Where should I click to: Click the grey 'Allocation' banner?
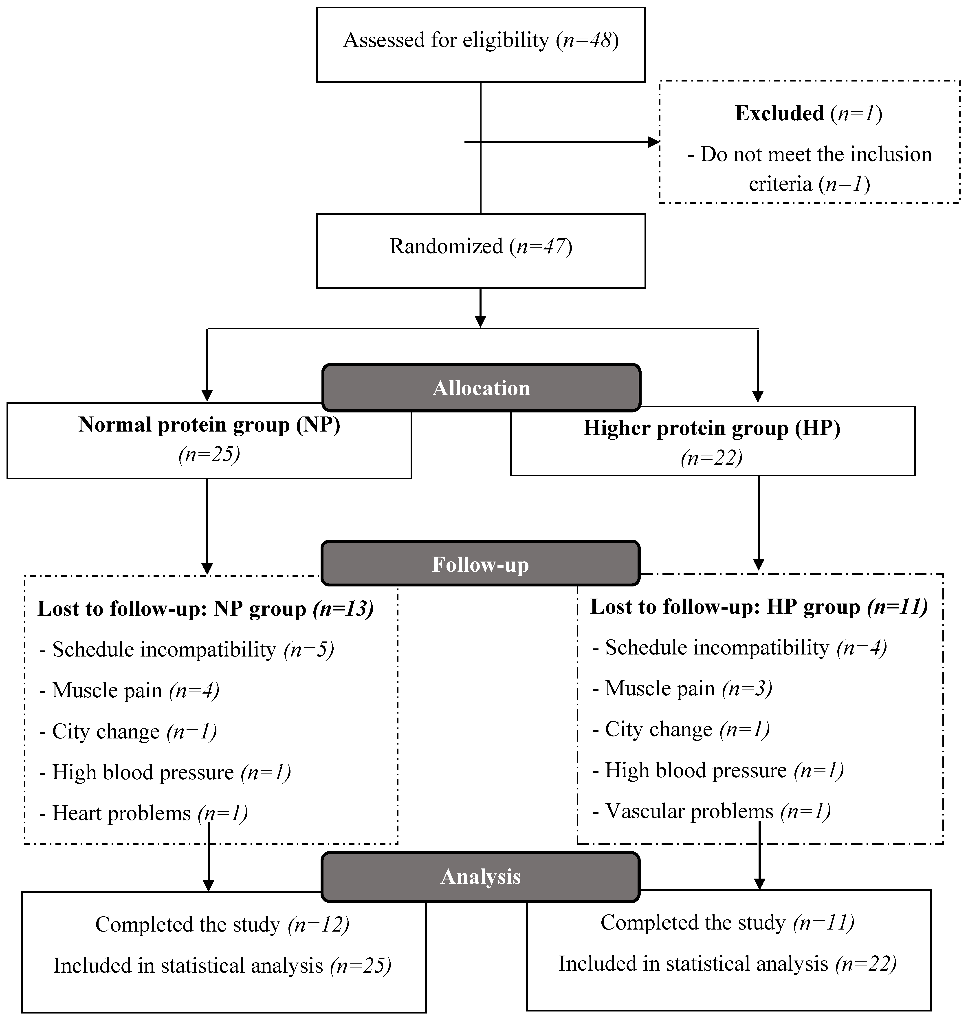(x=481, y=388)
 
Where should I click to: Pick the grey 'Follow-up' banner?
(x=480, y=564)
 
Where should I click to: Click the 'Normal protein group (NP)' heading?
(x=209, y=425)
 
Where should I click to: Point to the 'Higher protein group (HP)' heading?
(x=712, y=428)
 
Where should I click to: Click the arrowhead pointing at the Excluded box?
(x=654, y=142)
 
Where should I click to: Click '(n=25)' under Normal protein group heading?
(x=209, y=455)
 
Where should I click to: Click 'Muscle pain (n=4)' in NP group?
(x=129, y=690)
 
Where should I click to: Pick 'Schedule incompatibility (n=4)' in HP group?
(x=739, y=648)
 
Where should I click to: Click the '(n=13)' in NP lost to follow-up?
(x=343, y=609)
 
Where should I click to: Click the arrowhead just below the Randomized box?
(x=480, y=321)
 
